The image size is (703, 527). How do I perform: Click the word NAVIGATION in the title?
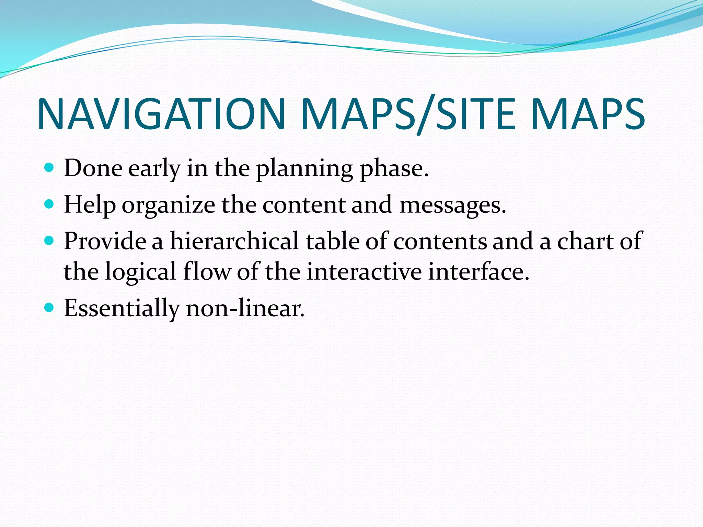point(161,114)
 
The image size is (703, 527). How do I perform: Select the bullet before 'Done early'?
point(49,168)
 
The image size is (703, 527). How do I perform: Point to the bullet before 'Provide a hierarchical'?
point(49,241)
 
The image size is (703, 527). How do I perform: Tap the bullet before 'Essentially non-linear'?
point(49,307)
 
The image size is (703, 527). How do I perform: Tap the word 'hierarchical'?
point(234,241)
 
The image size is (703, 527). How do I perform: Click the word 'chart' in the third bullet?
point(585,241)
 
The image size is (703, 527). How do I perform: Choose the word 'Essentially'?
point(122,308)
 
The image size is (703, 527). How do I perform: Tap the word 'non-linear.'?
point(245,308)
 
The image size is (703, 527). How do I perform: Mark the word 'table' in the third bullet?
point(332,241)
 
